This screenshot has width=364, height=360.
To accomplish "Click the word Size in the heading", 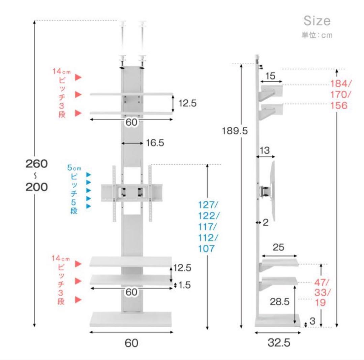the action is (317, 21).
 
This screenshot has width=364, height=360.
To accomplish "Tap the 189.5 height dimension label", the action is (235, 131).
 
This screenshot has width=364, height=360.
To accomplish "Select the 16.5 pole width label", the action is (155, 143).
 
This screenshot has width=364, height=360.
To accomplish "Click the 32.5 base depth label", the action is (279, 342).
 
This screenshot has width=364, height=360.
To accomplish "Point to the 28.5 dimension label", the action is (279, 302).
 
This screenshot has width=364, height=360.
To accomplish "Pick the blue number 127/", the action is (208, 205).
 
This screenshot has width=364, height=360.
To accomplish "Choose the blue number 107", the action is (206, 249).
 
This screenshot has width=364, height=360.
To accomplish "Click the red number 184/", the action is (341, 84).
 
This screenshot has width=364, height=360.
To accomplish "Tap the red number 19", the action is (321, 302).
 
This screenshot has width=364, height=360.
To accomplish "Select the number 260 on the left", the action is (36, 164).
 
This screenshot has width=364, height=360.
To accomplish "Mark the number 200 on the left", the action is (36, 187).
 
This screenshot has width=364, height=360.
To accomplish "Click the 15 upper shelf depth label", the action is (270, 76).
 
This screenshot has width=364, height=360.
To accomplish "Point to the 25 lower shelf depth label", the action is (278, 247).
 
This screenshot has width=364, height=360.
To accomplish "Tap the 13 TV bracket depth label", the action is (265, 151).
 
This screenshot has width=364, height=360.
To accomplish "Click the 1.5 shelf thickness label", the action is (184, 285).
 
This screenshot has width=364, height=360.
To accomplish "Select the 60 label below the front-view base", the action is (131, 343).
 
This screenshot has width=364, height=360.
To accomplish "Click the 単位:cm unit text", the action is (317, 35).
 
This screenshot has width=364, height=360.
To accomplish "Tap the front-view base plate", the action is (131, 319).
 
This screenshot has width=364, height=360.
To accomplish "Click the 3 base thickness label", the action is (312, 321).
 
